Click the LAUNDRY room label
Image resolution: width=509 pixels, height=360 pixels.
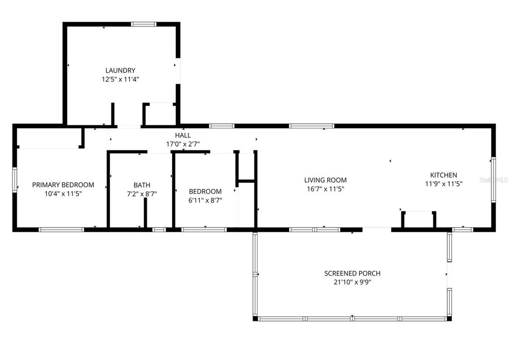(120, 71)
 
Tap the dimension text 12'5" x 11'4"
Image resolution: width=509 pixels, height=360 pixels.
(120, 79)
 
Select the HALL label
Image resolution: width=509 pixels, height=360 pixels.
(182, 135)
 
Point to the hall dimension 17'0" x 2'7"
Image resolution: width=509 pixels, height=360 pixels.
(182, 144)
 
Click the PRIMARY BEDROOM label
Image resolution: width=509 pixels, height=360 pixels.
(63, 185)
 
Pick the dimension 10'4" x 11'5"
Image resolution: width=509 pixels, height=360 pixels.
(63, 193)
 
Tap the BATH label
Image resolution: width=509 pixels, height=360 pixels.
(142, 185)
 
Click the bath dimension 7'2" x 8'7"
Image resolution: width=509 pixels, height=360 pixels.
(142, 193)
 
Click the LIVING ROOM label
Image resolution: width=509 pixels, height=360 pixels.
(326, 180)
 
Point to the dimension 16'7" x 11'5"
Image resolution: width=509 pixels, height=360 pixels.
(326, 188)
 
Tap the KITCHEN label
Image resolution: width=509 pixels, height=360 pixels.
(443, 175)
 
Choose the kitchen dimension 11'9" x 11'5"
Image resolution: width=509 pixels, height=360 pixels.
(443, 183)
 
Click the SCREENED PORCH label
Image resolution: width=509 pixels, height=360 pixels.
(352, 273)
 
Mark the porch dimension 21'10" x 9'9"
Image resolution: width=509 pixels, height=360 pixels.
(352, 282)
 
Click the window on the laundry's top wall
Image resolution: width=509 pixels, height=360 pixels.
(144, 24)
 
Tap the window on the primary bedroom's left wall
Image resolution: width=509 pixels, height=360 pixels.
(15, 180)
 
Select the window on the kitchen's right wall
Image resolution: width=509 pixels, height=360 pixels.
(493, 180)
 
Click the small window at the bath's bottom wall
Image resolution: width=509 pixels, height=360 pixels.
(159, 229)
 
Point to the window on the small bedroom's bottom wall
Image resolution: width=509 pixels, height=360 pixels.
(204, 229)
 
